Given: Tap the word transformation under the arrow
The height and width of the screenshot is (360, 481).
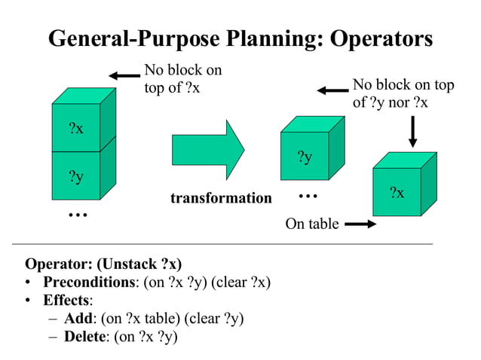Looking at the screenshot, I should coord(221,198).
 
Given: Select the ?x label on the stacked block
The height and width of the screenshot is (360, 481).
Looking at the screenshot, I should coord(75,128).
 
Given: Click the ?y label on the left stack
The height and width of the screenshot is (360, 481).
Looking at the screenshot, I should coord(75,176).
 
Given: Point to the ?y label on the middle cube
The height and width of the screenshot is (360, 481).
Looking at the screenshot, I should coord(305,157).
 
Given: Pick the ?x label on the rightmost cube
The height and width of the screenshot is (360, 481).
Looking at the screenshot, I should coord(397,193).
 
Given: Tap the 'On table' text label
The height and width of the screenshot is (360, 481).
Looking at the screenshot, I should coord(312,224).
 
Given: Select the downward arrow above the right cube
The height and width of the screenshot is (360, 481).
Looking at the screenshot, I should coord(412,131).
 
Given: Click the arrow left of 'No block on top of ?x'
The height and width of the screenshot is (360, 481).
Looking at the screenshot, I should coord(124,75).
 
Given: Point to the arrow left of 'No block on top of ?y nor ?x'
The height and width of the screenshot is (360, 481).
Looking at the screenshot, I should coord(332,90).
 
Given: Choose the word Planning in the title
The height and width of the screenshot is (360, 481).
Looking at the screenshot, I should coord(245,38).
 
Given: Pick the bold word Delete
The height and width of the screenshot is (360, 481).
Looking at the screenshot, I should coord(84,337).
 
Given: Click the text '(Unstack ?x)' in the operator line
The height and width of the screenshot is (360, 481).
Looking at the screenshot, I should coord(138,264).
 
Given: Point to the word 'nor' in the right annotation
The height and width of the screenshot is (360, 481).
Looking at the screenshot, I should coord(400,102).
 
